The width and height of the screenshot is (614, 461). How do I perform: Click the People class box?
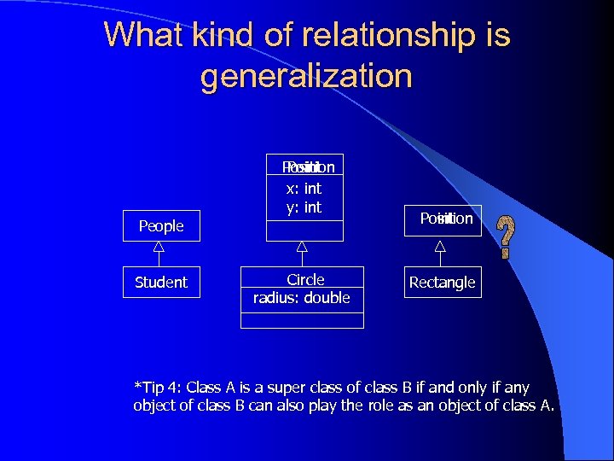point(161,226)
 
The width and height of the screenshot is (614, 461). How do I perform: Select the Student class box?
point(161,283)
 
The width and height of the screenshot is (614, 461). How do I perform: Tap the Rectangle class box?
point(443,283)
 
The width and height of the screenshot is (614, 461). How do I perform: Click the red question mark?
point(507,237)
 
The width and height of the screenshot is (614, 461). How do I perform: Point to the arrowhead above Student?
point(159,248)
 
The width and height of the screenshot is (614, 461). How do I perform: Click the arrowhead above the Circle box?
point(301,248)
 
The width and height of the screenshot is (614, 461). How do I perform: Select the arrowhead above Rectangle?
point(440,247)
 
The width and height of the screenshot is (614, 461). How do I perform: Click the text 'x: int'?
point(303,189)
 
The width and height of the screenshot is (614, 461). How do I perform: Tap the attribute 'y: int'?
point(304,207)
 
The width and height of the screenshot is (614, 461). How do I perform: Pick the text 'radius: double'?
point(302,298)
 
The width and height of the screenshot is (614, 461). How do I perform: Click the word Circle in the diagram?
point(305,280)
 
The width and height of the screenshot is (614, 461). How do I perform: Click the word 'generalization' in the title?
point(306,76)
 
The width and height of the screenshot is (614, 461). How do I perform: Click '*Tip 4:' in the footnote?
point(159,388)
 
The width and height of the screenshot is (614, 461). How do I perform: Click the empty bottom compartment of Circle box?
point(302,319)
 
